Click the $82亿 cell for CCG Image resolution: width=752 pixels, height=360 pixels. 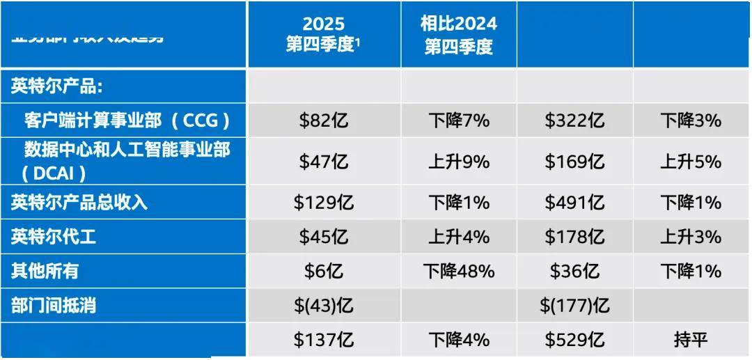click(x=323, y=120)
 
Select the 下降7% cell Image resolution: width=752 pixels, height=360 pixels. click(x=458, y=120)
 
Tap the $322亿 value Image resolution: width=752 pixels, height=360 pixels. click(x=574, y=120)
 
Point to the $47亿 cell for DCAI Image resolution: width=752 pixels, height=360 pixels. click(x=323, y=162)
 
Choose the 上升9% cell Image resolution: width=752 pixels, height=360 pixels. click(x=458, y=162)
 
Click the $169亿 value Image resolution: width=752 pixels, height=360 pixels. click(x=574, y=162)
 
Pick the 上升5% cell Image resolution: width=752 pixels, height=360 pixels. click(x=690, y=162)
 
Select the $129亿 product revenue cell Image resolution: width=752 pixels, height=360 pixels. click(x=323, y=203)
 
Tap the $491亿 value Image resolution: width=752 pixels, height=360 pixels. click(x=574, y=203)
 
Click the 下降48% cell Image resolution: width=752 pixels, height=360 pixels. click(x=458, y=271)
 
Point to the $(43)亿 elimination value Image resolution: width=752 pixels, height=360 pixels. click(x=323, y=305)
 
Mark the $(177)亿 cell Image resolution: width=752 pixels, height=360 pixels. click(x=574, y=305)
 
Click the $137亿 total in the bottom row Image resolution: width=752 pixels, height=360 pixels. click(x=323, y=340)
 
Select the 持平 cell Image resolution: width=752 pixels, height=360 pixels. click(x=690, y=340)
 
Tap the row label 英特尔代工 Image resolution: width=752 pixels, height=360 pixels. click(x=53, y=237)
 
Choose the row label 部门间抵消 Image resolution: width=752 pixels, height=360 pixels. click(x=53, y=305)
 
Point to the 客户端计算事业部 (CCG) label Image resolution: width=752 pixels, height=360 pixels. click(x=127, y=120)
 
